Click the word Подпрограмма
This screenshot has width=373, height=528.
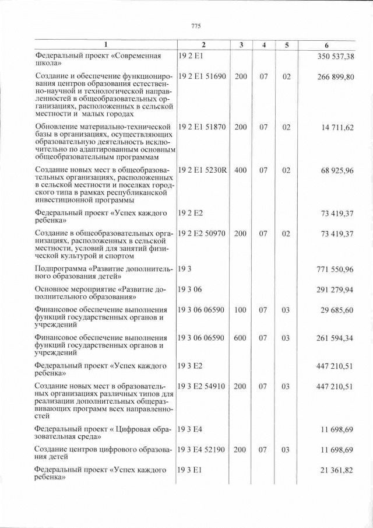(x=59, y=269)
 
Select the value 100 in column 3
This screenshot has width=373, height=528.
(x=240, y=310)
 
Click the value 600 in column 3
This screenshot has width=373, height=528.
(x=240, y=338)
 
